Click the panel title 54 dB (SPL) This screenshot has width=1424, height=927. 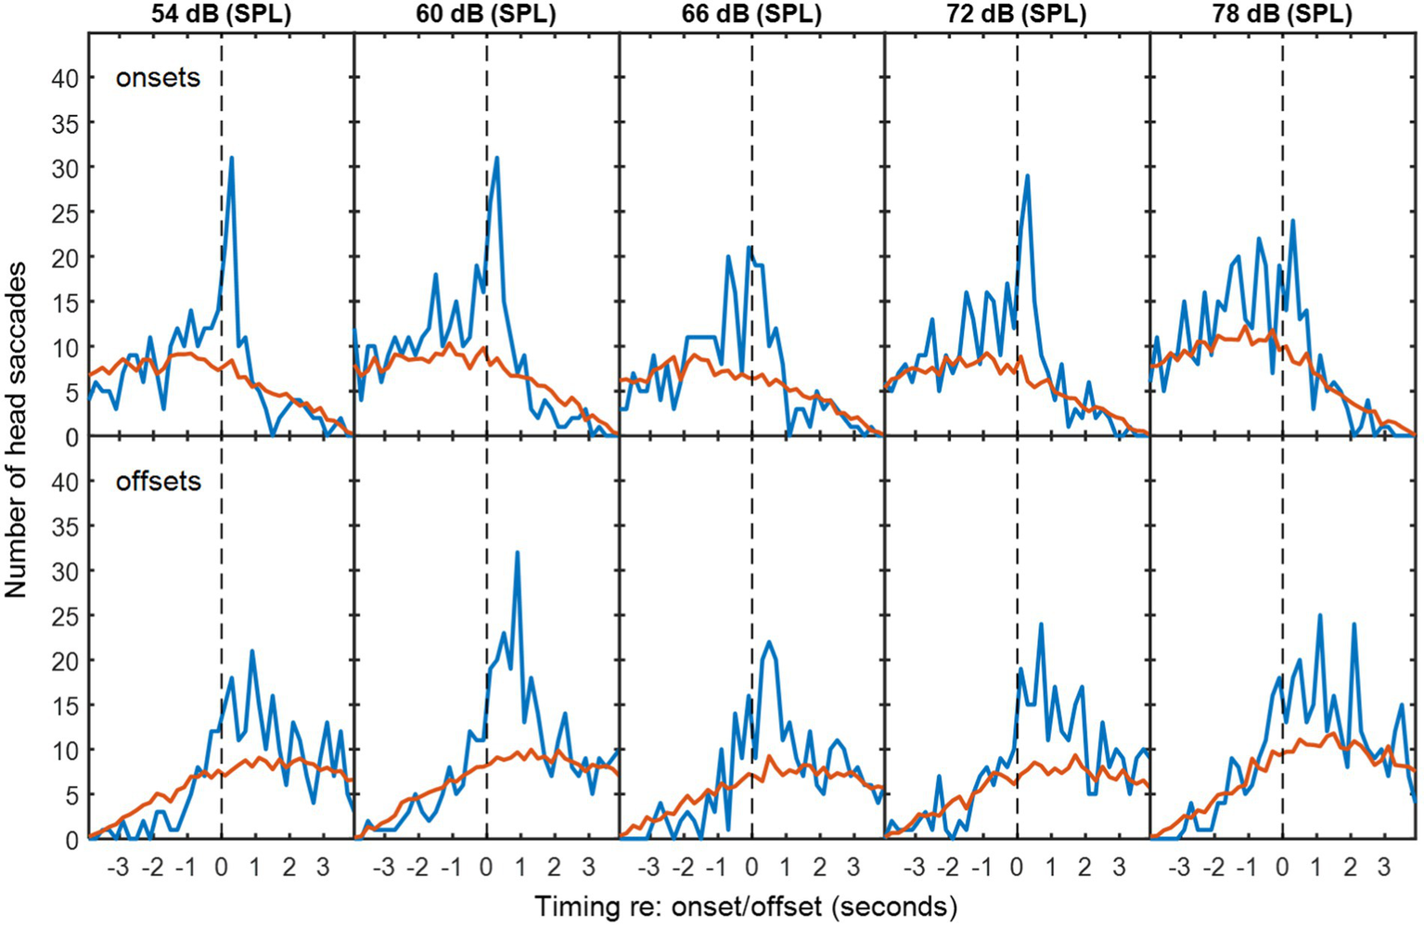pyautogui.click(x=221, y=15)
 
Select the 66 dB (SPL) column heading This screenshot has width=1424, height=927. pyautogui.click(x=751, y=15)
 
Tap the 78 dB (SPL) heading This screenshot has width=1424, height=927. pyautogui.click(x=1283, y=15)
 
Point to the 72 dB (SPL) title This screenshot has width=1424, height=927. pyautogui.click(x=1018, y=15)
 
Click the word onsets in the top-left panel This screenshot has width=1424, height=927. pyautogui.click(x=158, y=78)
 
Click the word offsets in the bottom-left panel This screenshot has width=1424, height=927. pyautogui.click(x=158, y=482)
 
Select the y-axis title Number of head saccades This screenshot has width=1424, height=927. pyautogui.click(x=16, y=430)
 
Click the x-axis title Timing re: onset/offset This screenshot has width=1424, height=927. pyautogui.click(x=745, y=906)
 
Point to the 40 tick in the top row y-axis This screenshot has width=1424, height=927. pyautogui.click(x=65, y=79)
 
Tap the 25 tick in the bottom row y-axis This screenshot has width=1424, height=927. pyautogui.click(x=65, y=616)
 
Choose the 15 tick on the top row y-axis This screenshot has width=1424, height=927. pyautogui.click(x=65, y=303)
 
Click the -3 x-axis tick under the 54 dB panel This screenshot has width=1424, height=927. pyautogui.click(x=117, y=869)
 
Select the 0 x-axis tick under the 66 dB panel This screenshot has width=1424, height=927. pyautogui.click(x=751, y=869)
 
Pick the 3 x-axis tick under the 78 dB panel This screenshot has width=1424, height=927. pyautogui.click(x=1384, y=869)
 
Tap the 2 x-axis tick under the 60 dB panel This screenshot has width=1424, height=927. pyautogui.click(x=554, y=869)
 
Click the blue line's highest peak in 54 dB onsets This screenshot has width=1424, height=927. pyautogui.click(x=231, y=158)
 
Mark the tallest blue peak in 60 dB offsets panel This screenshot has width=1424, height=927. pyautogui.click(x=517, y=553)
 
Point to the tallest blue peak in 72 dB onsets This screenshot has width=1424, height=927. pyautogui.click(x=1028, y=175)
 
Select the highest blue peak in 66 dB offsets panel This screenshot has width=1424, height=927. pyautogui.click(x=770, y=642)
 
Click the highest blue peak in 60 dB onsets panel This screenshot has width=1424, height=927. pyautogui.click(x=497, y=158)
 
